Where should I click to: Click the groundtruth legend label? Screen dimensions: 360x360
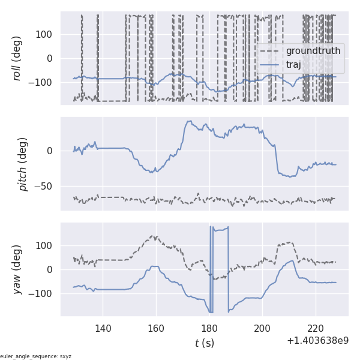tap(313, 51)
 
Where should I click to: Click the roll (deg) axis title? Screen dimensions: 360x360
tap(17, 58)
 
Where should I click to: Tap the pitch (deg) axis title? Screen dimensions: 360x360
tap(23, 164)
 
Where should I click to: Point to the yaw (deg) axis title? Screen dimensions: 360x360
tap(17, 269)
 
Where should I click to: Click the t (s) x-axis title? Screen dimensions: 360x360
tap(204, 343)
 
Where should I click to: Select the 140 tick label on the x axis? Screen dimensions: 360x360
tap(103, 328)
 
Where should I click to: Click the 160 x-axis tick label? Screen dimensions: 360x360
tap(156, 328)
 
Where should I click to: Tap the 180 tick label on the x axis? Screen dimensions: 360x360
tap(209, 328)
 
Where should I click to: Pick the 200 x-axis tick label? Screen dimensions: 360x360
tap(262, 328)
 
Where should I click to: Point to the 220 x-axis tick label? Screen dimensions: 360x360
tap(316, 328)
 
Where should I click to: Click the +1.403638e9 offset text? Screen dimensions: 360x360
tap(317, 340)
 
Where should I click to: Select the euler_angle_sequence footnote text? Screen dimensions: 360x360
tap(36, 356)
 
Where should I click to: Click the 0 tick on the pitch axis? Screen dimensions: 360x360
tap(52, 151)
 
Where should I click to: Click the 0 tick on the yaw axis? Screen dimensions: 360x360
tap(52, 269)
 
